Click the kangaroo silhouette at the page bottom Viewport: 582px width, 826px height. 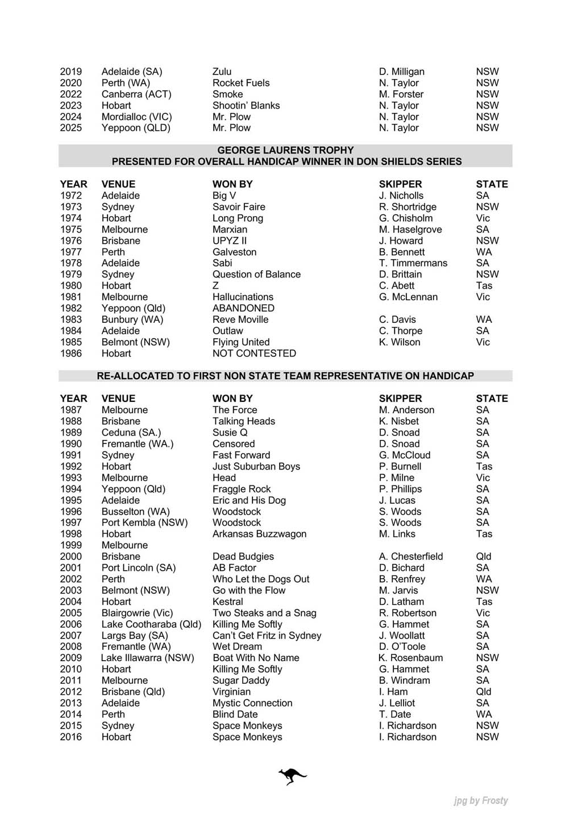tap(292, 776)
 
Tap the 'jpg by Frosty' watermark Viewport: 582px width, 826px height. tap(481, 800)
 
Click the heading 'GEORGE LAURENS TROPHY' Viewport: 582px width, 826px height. tap(285, 150)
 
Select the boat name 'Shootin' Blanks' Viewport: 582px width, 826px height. tap(246, 105)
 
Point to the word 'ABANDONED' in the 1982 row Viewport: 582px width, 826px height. tap(243, 308)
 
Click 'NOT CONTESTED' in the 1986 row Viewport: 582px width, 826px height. tap(254, 353)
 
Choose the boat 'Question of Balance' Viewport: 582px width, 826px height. tap(256, 274)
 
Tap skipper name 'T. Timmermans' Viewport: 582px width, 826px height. tap(413, 263)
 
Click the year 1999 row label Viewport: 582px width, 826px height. tap(71, 545)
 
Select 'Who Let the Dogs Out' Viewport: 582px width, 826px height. tap(261, 579)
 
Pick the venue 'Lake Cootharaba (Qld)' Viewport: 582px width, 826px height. tap(151, 624)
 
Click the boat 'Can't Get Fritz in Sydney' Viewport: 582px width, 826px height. tap(267, 635)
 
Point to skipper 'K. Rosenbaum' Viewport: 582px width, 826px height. tap(410, 658)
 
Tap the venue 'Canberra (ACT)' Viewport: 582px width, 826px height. tap(136, 94)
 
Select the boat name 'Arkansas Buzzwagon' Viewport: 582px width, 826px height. tap(259, 533)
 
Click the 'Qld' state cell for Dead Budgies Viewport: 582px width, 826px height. tap(484, 556)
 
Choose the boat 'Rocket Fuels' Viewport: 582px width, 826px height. tap(241, 82)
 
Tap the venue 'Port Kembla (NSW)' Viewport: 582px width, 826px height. tap(144, 522)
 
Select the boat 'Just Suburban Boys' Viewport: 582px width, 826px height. tap(256, 466)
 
